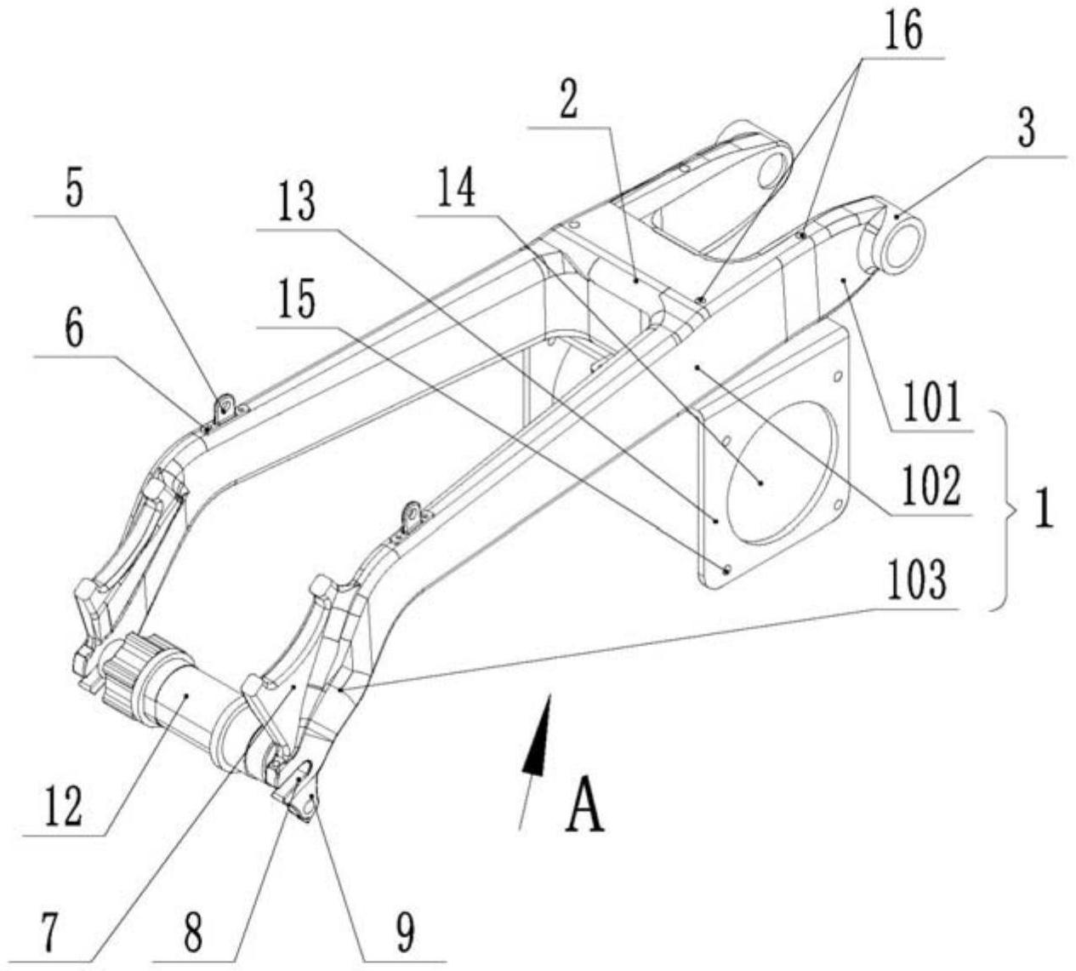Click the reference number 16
point(903,31)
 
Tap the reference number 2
point(570,98)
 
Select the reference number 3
point(1026,128)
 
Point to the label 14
point(457,187)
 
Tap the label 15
point(297,298)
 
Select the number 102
point(931,486)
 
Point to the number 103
point(917,580)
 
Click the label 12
point(63,806)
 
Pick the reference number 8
point(193,932)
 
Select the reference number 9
point(406,932)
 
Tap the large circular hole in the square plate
point(781,473)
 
